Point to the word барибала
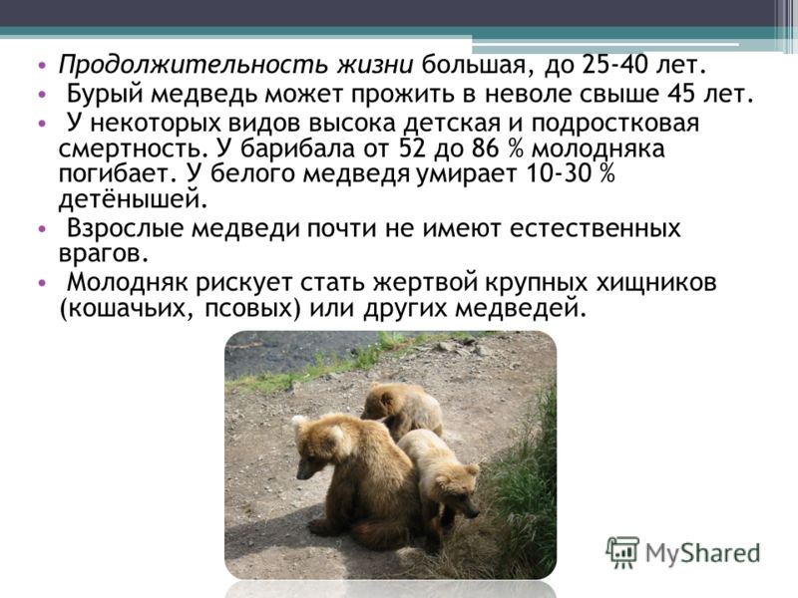coord(297,149)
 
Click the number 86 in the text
coord(486,149)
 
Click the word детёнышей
coord(134,198)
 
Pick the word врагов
coord(104,253)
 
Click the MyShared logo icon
coord(622,552)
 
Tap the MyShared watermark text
coord(702,553)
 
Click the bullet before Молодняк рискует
coord(42,283)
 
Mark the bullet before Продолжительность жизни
coord(42,66)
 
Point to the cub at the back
coord(403,410)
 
